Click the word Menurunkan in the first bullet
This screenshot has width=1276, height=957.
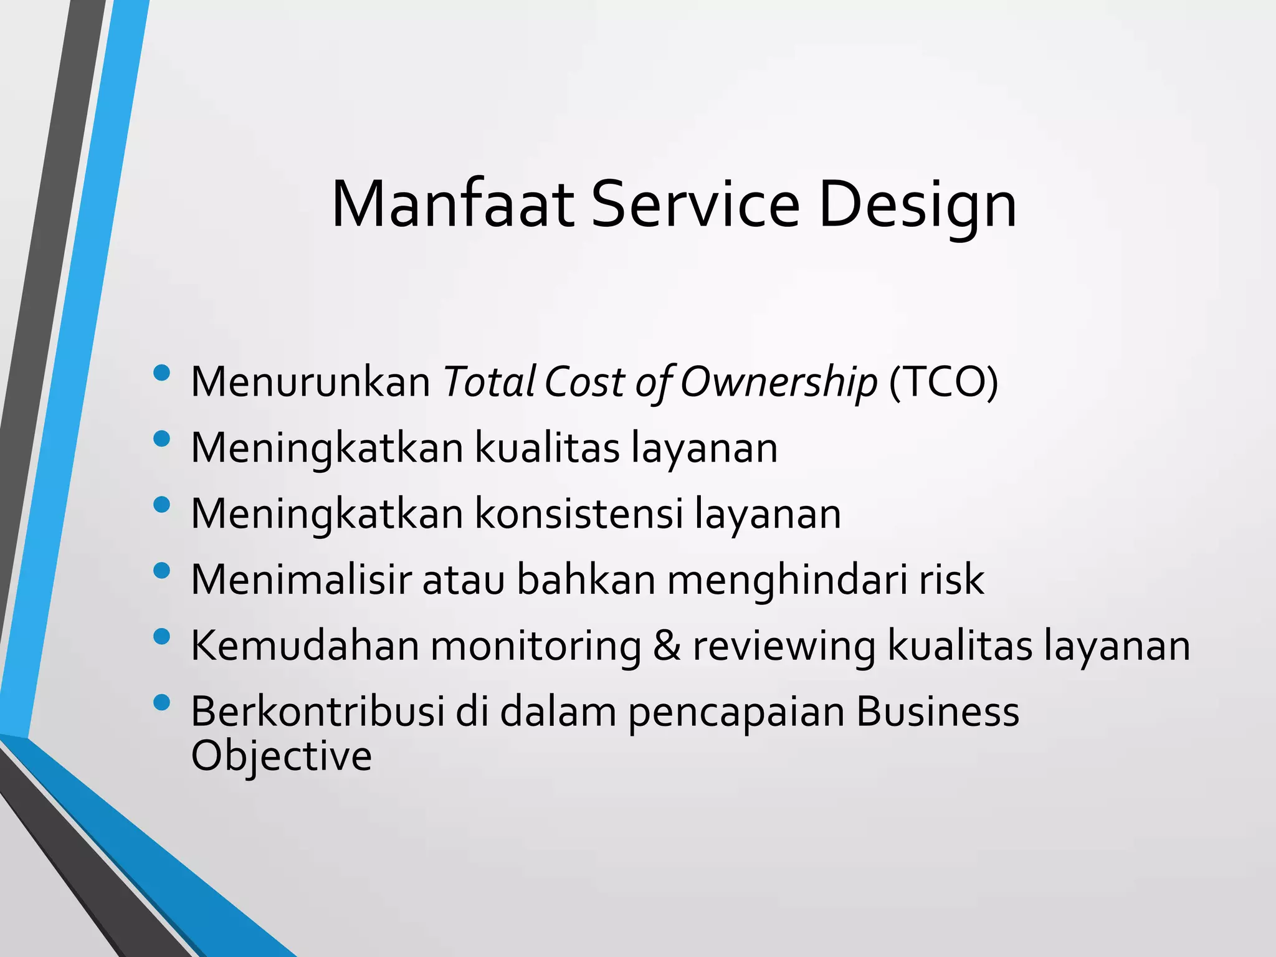pos(310,381)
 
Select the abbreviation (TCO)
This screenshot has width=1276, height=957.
pos(943,381)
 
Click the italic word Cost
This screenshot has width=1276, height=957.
pos(584,381)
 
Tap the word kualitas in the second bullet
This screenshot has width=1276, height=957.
pos(547,447)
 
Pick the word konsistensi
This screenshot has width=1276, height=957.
pos(579,513)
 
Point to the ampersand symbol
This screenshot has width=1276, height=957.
pos(667,645)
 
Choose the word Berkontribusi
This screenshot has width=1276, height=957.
pos(317,712)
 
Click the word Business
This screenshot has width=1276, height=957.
pos(938,712)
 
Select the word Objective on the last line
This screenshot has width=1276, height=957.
pos(281,756)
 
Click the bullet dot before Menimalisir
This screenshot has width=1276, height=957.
pos(161,571)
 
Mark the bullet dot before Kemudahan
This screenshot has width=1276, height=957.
pos(161,637)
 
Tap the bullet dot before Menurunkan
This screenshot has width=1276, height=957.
pos(161,373)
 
